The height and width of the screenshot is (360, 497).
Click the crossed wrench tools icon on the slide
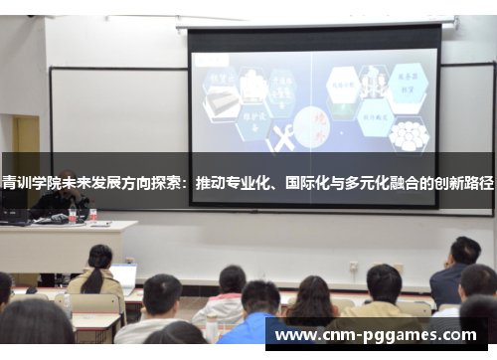coord(281,139)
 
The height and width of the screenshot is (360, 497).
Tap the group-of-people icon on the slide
coord(408,134)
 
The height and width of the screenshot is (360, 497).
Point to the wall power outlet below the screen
coord(353,267)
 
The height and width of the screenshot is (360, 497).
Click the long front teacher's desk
coord(65,244)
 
